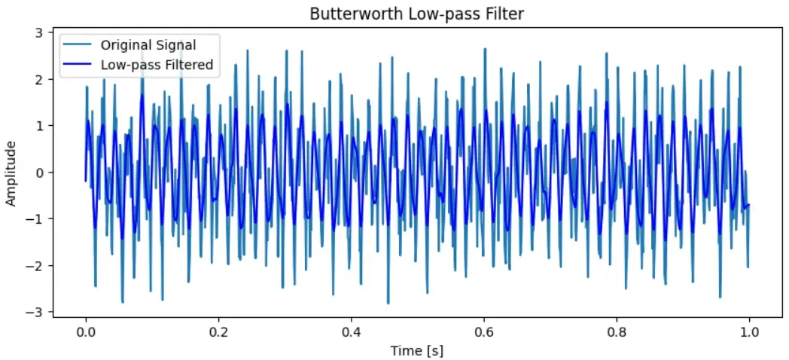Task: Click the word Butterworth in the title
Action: coord(345,14)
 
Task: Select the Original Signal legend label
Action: coord(148,44)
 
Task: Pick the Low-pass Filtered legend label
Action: coord(157,65)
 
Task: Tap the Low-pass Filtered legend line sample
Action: coord(79,65)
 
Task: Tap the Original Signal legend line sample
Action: coord(79,44)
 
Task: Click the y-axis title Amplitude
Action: coord(11,172)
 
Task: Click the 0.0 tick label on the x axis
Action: coord(86,331)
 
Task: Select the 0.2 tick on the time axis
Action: coord(218,331)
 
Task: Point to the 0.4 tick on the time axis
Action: coord(351,331)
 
